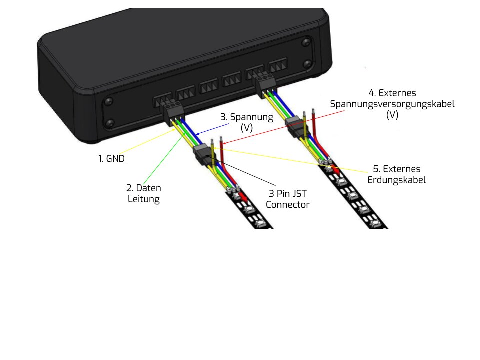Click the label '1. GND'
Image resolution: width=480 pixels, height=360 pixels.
coord(111,159)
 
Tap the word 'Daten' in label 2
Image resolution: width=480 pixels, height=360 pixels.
coord(148,188)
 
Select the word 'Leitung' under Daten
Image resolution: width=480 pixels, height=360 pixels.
coord(144,199)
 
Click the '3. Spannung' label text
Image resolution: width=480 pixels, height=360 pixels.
coord(247,117)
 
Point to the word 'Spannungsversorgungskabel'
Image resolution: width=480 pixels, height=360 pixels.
coord(392,104)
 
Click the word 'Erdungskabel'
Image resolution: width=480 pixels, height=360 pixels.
coord(396,180)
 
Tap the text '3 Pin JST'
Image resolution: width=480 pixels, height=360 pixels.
coord(288,194)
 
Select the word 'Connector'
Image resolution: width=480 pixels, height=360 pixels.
coord(288,205)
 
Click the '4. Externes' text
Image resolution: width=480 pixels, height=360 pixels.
coord(392,93)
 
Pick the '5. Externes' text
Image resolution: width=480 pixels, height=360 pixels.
coord(396,169)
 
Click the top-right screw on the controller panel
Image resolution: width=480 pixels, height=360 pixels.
coord(306,42)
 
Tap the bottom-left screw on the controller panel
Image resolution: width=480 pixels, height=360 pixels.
coord(110,123)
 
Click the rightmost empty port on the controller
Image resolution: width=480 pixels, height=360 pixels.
coord(278,65)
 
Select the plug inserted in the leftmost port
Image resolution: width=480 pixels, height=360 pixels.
coord(173,111)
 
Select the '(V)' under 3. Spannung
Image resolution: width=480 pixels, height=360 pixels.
coord(247,128)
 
